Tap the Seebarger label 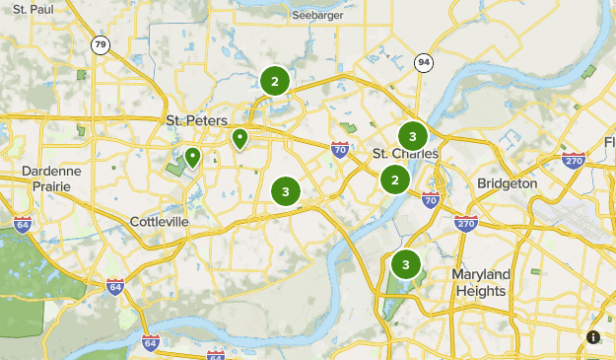(318, 15)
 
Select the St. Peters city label (188, 120)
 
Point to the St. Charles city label (405, 155)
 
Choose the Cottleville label (159, 222)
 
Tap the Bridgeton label (507, 183)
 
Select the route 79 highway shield (100, 45)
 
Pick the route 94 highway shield (424, 63)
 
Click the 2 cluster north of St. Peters (275, 81)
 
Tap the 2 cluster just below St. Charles (395, 180)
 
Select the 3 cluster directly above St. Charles (413, 136)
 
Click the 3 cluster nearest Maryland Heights (405, 264)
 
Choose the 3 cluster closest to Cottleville (285, 191)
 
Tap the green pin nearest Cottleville (192, 156)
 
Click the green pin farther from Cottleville (240, 138)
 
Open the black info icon (593, 337)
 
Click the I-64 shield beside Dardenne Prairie (23, 224)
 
